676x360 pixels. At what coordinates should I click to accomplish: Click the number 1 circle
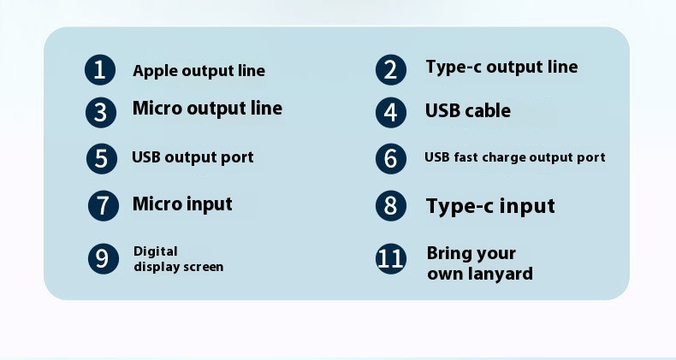99,70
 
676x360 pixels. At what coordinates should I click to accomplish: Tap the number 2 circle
390,70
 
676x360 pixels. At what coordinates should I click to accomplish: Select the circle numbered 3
100,112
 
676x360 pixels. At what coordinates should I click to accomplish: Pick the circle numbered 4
390,112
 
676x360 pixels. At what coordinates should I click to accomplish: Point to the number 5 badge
101,158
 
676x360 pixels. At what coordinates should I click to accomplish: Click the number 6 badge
390,158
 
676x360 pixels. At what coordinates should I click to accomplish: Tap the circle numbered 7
103,205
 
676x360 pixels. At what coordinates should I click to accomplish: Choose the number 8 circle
390,205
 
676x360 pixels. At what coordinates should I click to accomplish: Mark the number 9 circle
103,258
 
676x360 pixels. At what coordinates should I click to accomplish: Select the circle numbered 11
390,258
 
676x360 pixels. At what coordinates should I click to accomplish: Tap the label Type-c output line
501,68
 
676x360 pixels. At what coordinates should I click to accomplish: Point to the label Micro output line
207,108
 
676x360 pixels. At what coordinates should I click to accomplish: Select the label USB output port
193,157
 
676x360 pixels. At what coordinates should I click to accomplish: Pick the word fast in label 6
466,157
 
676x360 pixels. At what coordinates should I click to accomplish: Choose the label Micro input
182,204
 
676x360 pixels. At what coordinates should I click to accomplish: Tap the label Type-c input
490,206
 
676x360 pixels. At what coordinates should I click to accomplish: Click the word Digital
155,251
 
